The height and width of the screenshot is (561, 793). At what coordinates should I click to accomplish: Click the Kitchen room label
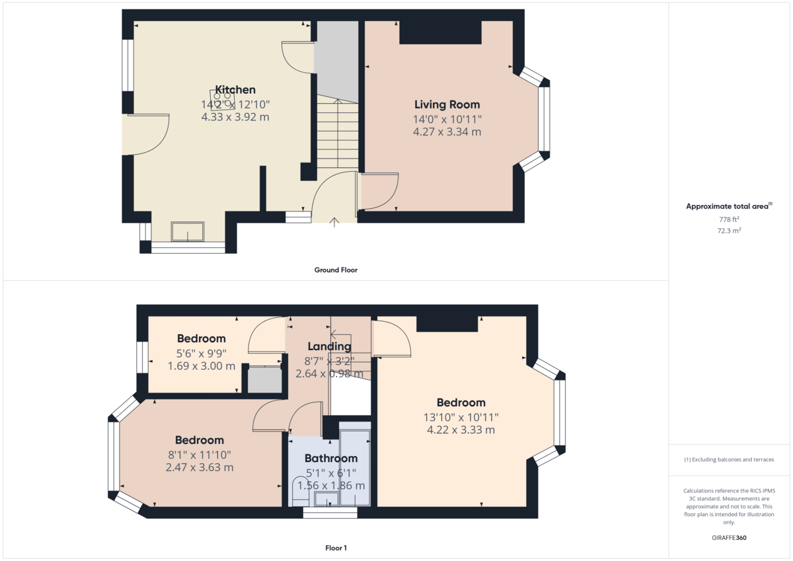pyautogui.click(x=235, y=90)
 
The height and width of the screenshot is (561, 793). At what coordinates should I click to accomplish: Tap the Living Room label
pyautogui.click(x=447, y=104)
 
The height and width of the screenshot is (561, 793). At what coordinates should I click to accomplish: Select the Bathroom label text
pyautogui.click(x=330, y=458)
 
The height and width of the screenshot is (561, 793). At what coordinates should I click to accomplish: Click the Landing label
pyautogui.click(x=329, y=346)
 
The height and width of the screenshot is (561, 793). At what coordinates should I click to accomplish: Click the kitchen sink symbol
pyautogui.click(x=188, y=232)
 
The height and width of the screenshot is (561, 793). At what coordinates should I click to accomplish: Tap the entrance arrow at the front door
pyautogui.click(x=335, y=222)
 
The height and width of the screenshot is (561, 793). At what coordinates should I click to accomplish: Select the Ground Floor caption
pyautogui.click(x=335, y=270)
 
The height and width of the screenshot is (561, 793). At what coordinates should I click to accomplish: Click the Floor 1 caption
pyautogui.click(x=335, y=548)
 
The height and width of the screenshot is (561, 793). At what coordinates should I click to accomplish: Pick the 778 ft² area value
pyautogui.click(x=729, y=219)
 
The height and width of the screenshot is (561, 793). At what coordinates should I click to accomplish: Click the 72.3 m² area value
pyautogui.click(x=729, y=231)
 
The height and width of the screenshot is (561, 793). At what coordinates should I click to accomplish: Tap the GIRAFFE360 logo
pyautogui.click(x=729, y=538)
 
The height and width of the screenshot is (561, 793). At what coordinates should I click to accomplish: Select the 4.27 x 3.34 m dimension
pyautogui.click(x=447, y=132)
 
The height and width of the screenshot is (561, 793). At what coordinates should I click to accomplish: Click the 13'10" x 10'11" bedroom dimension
pyautogui.click(x=461, y=417)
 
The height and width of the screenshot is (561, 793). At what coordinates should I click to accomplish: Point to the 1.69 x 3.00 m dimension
pyautogui.click(x=202, y=366)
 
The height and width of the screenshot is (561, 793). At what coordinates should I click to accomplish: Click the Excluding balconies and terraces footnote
pyautogui.click(x=729, y=459)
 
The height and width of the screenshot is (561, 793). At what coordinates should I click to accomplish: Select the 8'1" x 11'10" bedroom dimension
pyautogui.click(x=199, y=454)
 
